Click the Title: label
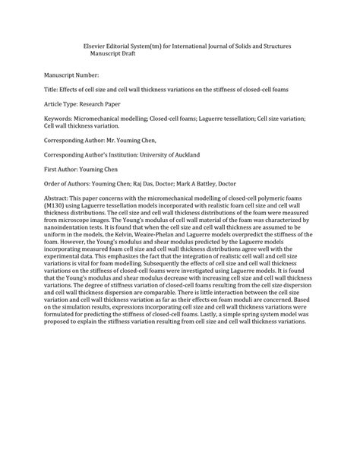pos(52,90)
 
